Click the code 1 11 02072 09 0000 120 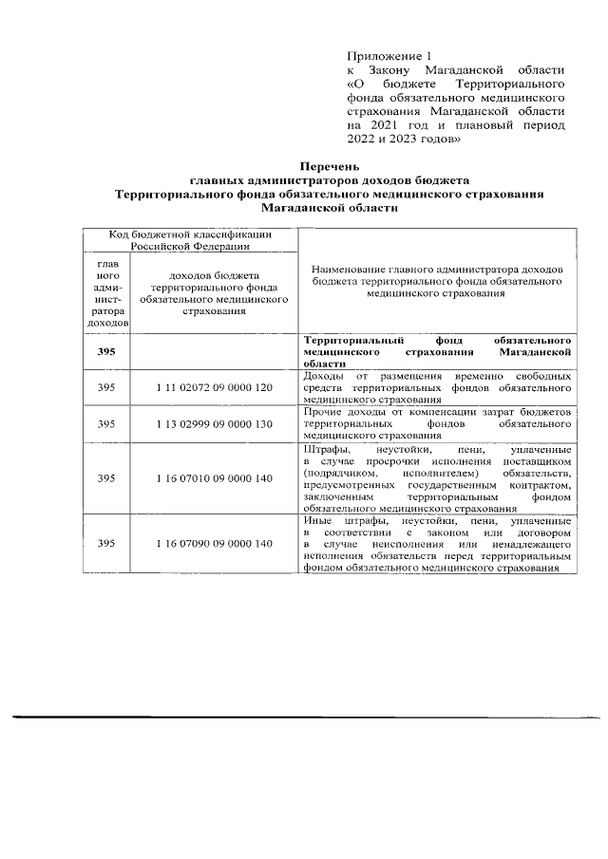click(x=215, y=388)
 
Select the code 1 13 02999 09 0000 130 click(x=215, y=423)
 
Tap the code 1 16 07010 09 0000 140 click(x=215, y=477)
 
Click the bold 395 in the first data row click(x=107, y=351)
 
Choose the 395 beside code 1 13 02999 click(x=107, y=423)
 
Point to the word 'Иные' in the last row click(x=317, y=521)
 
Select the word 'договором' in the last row click(x=542, y=533)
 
